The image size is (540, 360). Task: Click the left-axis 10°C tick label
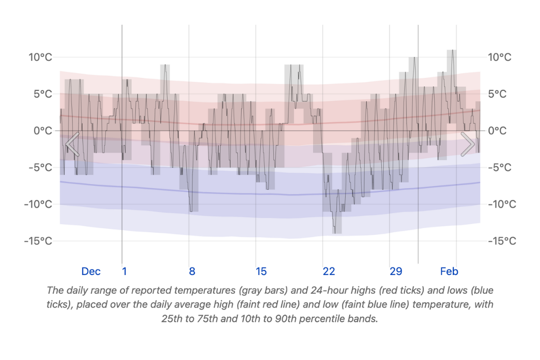[40, 57]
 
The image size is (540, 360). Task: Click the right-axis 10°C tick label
[499, 57]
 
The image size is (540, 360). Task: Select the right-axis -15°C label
[502, 241]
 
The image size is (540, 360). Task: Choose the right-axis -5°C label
[499, 167]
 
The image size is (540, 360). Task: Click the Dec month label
[91, 271]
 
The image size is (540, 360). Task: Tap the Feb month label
[449, 271]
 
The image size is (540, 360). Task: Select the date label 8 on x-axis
[192, 271]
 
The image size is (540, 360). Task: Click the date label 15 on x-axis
[261, 271]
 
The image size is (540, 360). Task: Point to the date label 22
[328, 271]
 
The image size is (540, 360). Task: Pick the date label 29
[396, 271]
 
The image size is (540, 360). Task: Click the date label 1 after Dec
[125, 271]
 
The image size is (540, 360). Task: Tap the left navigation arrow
[72, 144]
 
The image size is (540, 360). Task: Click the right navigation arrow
[468, 144]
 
